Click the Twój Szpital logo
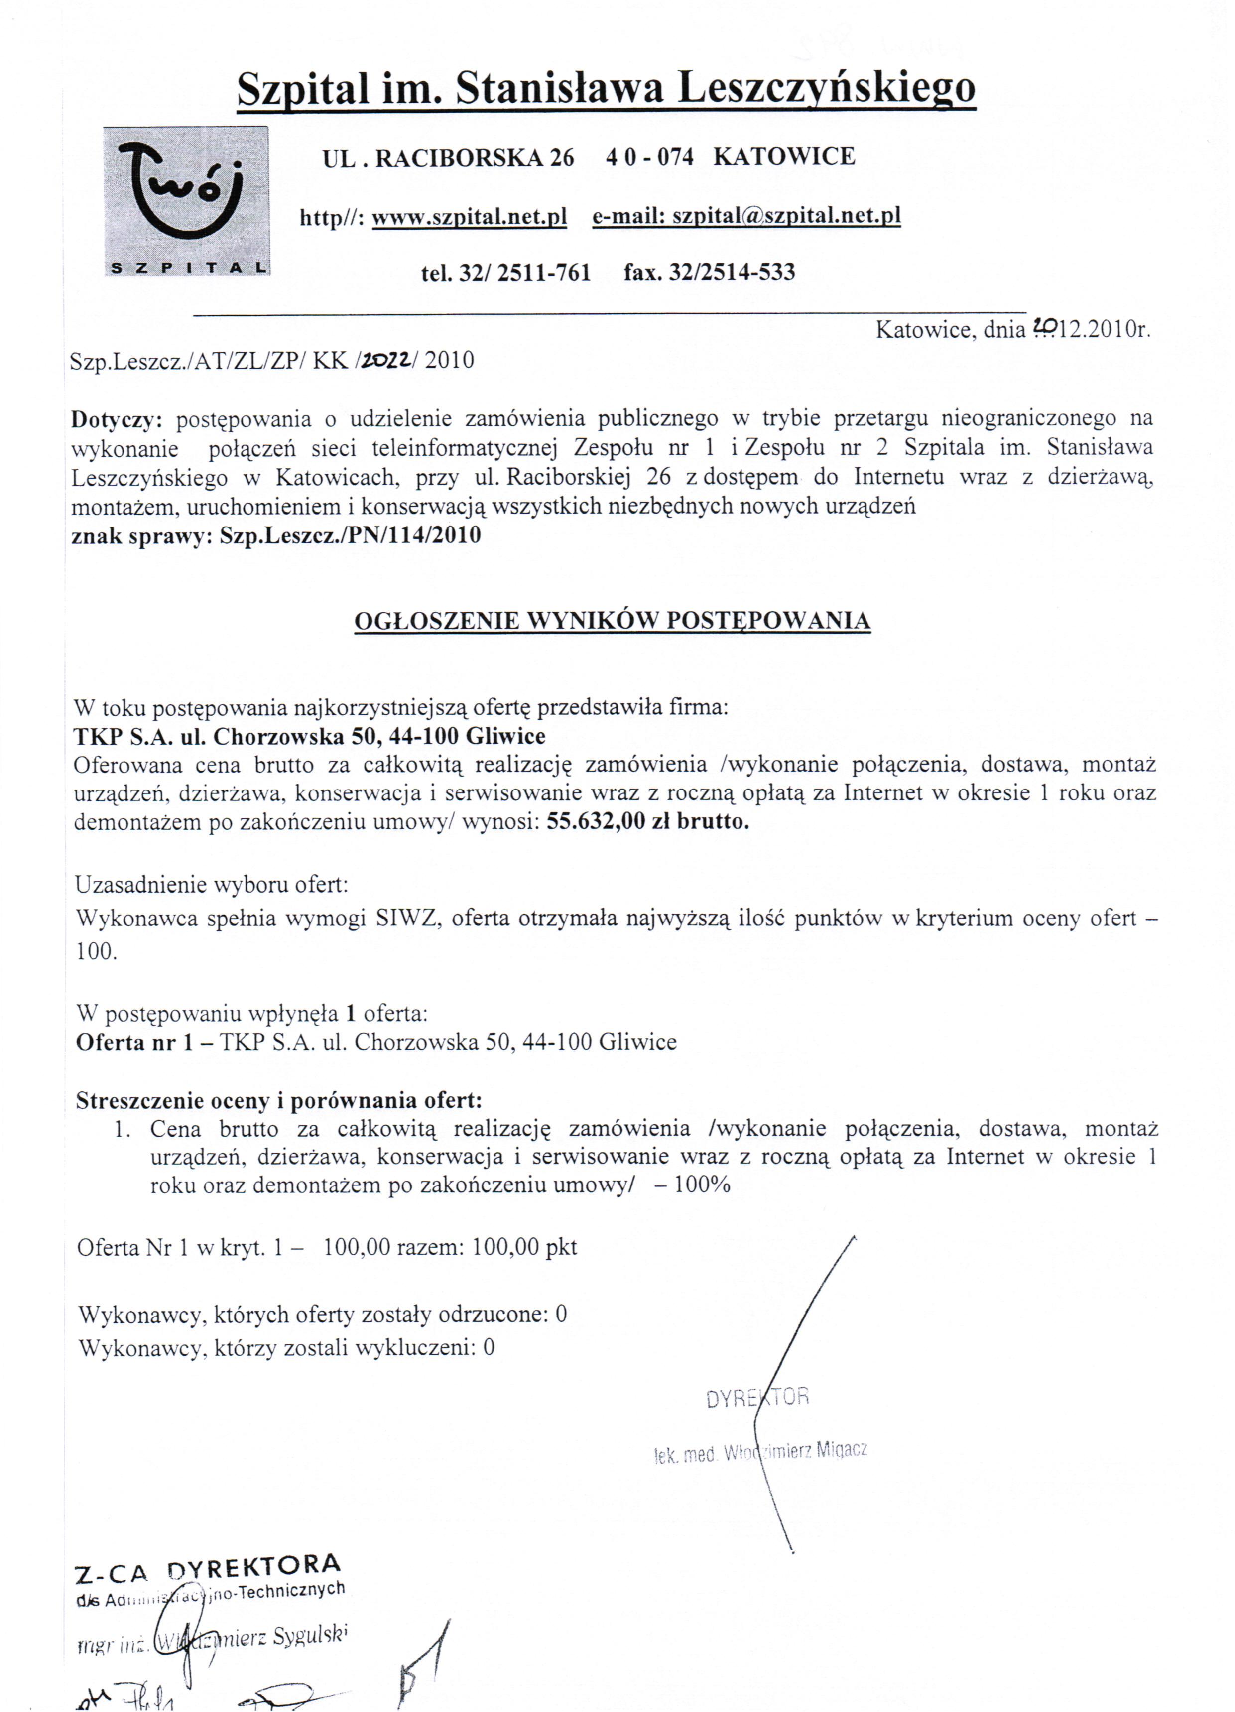click(x=186, y=200)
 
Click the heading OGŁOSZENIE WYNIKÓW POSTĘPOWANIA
click(x=612, y=621)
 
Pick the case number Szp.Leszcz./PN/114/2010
click(x=350, y=536)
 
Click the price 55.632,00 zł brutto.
click(x=648, y=822)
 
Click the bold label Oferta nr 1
click(x=136, y=1043)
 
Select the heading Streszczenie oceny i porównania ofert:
click(x=278, y=1101)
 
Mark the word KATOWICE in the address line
click(x=784, y=157)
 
